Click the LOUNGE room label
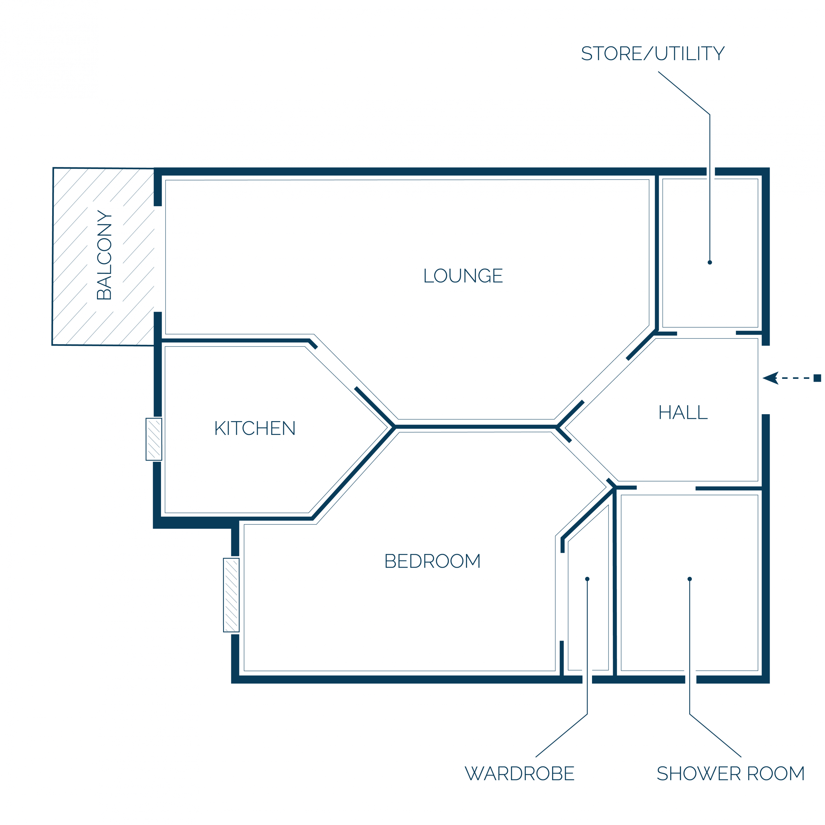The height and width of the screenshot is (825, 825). pos(463,276)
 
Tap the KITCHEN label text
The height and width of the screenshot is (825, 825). pos(255,428)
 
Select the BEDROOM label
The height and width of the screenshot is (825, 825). pos(433,561)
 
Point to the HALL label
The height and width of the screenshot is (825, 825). pos(683,412)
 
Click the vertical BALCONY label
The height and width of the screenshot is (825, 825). pos(104,255)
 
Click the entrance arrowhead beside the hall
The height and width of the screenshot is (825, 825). pos(771,378)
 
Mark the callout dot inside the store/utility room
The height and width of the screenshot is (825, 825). pos(710,262)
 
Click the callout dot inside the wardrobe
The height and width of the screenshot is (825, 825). pos(587,579)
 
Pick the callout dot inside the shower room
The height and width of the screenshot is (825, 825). pos(690,579)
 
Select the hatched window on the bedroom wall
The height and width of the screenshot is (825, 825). pos(231,595)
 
